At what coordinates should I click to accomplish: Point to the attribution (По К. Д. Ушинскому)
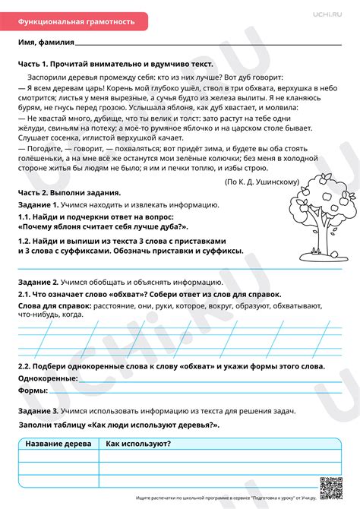point(263,182)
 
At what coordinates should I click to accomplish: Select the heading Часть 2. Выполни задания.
point(69,194)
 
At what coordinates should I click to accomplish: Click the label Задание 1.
point(39,205)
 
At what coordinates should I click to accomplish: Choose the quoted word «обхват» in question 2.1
point(122,293)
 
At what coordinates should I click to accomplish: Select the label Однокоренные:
point(46,378)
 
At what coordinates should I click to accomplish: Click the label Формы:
point(33,390)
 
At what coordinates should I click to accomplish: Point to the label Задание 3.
point(39,410)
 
